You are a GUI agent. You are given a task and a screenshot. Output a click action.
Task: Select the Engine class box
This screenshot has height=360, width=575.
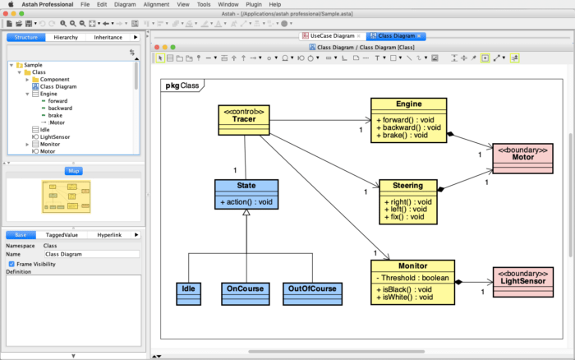click(408, 120)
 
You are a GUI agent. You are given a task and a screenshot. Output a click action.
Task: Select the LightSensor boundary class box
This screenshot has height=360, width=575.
click(522, 280)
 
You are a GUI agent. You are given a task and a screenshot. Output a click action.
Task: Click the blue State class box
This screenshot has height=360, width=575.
click(246, 194)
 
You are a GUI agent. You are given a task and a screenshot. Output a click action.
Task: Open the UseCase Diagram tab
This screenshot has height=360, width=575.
click(333, 36)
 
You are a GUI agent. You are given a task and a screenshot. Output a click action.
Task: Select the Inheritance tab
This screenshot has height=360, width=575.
click(108, 37)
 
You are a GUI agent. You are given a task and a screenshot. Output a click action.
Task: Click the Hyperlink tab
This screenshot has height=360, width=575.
click(108, 234)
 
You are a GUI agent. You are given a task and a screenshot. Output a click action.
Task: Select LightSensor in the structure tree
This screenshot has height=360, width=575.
click(54, 136)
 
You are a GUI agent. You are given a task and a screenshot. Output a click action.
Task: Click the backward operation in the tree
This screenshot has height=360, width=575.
click(60, 108)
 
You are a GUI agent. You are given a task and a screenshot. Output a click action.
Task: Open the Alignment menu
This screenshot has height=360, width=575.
click(156, 4)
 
